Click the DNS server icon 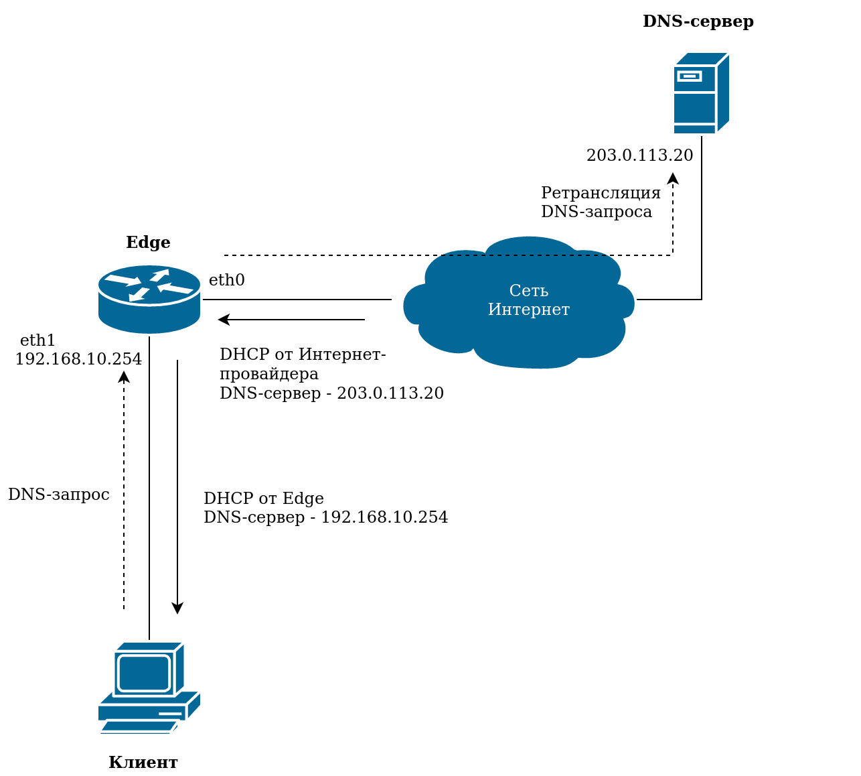[701, 93]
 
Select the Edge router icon [149, 299]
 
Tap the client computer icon [149, 687]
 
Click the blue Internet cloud [519, 302]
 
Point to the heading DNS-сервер [698, 21]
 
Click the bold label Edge [148, 243]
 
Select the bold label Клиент [143, 763]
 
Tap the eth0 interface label [226, 280]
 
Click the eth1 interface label [37, 340]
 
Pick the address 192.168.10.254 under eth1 [78, 359]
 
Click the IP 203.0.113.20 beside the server [639, 155]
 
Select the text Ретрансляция [601, 193]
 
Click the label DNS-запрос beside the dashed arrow [58, 495]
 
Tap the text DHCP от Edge [263, 499]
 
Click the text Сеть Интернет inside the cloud [528, 300]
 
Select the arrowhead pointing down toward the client [177, 608]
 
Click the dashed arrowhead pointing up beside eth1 [124, 376]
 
